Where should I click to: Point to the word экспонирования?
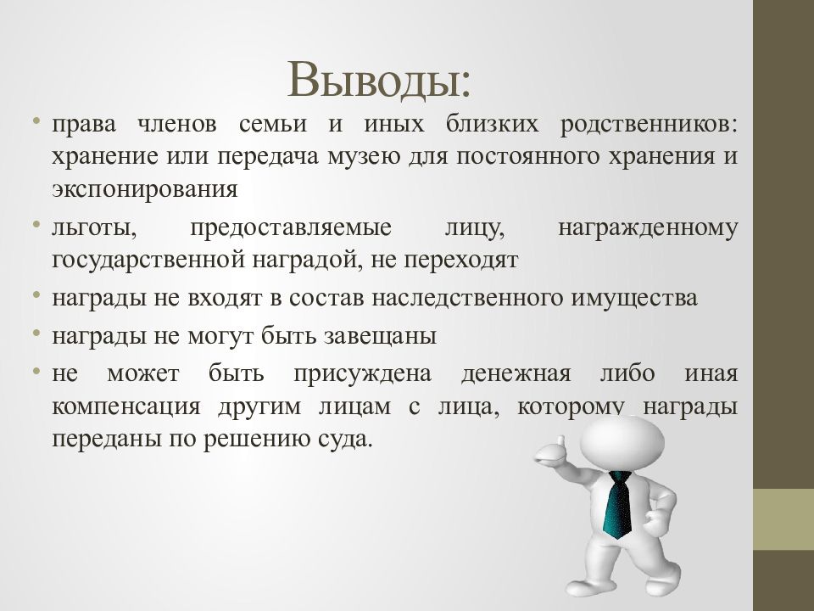pyautogui.click(x=144, y=188)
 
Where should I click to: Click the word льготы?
pyautogui.click(x=94, y=228)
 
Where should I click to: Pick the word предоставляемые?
pyautogui.click(x=290, y=228)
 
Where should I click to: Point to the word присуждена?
pyautogui.click(x=364, y=373)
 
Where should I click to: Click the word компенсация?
pyautogui.click(x=126, y=406)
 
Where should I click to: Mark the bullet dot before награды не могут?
pyautogui.click(x=38, y=333)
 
